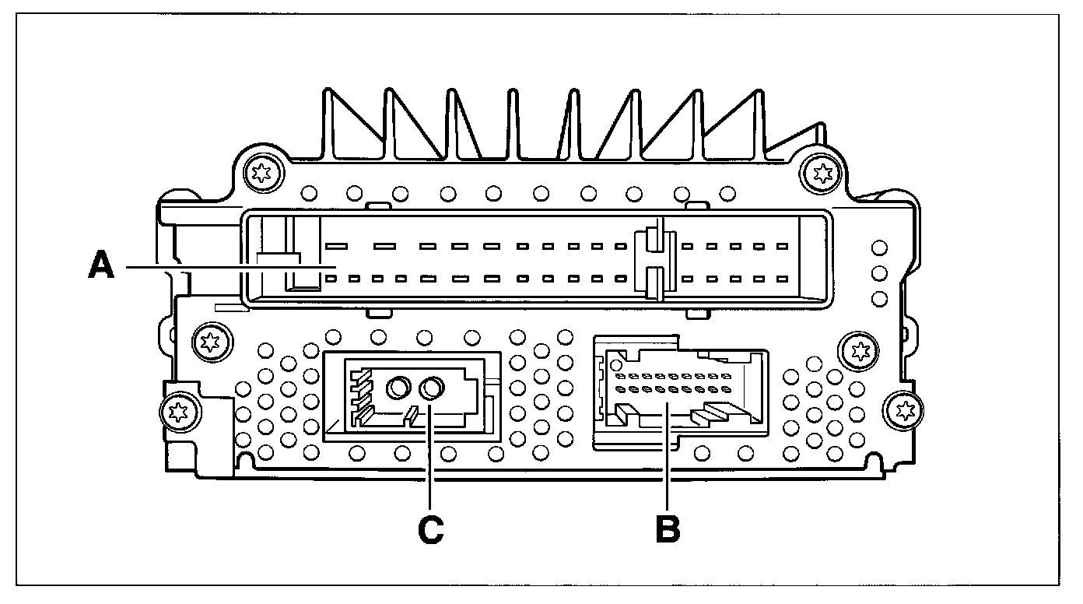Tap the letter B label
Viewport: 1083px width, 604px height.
click(668, 528)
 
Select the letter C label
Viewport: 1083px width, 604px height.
click(430, 528)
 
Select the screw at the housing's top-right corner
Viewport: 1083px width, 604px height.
click(818, 172)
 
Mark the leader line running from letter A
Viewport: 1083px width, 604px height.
click(226, 267)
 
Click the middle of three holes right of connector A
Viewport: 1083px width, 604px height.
click(879, 273)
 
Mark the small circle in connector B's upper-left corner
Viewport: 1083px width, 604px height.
click(615, 363)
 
